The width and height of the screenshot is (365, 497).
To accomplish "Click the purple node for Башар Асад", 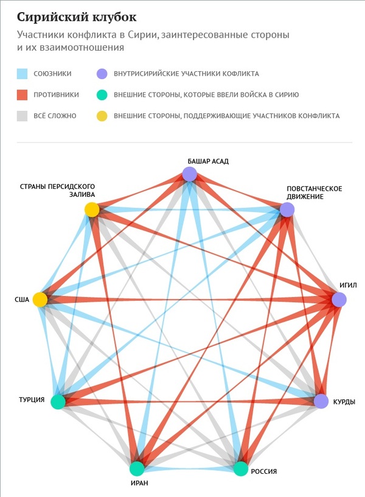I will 190,175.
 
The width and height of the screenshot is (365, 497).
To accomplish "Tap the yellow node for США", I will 40,300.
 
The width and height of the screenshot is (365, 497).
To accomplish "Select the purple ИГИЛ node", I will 339,299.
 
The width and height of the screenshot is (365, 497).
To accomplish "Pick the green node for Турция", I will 58,401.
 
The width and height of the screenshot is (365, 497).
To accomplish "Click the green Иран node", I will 137,468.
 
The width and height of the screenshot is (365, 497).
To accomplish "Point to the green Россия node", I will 242,468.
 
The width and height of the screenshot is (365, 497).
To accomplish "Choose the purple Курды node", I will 321,401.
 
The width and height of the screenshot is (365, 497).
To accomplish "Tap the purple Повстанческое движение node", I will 287,210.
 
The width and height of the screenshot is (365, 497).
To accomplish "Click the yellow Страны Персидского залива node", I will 92,210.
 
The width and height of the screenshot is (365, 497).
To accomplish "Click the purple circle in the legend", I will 102,74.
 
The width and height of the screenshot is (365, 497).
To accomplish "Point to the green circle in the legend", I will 102,95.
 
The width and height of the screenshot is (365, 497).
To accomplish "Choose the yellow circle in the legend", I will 102,116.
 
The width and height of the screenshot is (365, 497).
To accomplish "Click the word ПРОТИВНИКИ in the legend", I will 57,95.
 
